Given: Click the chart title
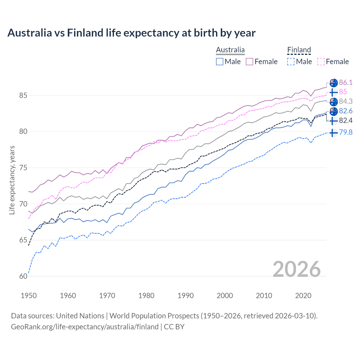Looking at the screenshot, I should (x=131, y=33).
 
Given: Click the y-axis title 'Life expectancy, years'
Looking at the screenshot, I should (x=12, y=180).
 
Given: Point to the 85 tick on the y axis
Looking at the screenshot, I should (x=23, y=96).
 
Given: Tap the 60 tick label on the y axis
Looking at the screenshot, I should (x=23, y=276).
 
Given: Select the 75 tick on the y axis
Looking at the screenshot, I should (x=23, y=168).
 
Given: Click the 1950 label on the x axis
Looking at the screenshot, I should (x=29, y=296).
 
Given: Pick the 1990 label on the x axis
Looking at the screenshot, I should (x=186, y=296).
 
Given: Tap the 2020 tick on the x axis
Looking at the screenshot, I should (x=303, y=296).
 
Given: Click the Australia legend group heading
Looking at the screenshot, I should (x=230, y=50).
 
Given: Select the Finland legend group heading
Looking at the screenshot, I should (x=299, y=50).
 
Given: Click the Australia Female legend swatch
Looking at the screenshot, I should (x=249, y=62).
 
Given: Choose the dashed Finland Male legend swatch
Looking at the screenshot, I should (x=291, y=62).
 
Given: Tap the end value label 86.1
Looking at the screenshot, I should (x=346, y=82).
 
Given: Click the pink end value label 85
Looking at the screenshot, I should (x=343, y=92).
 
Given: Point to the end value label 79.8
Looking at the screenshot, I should (x=346, y=132).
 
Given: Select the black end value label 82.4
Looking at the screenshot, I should (x=346, y=121).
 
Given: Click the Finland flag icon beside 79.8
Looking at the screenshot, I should (x=333, y=133).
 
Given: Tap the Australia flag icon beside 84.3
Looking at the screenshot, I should (x=334, y=102).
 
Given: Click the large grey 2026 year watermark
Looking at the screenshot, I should (x=297, y=269).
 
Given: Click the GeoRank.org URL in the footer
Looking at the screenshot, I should (x=85, y=327).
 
